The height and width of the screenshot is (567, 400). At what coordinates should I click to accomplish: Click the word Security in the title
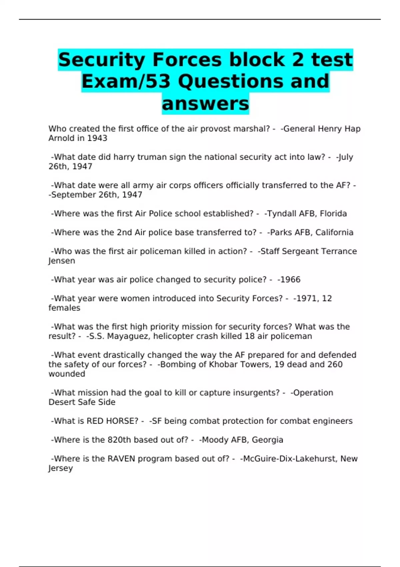[101, 60]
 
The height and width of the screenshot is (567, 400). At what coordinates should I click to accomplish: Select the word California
[334, 232]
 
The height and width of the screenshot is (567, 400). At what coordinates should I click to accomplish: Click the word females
[64, 308]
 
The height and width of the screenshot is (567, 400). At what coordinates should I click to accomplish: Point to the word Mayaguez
[129, 336]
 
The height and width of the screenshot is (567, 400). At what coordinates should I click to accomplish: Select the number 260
[335, 365]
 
